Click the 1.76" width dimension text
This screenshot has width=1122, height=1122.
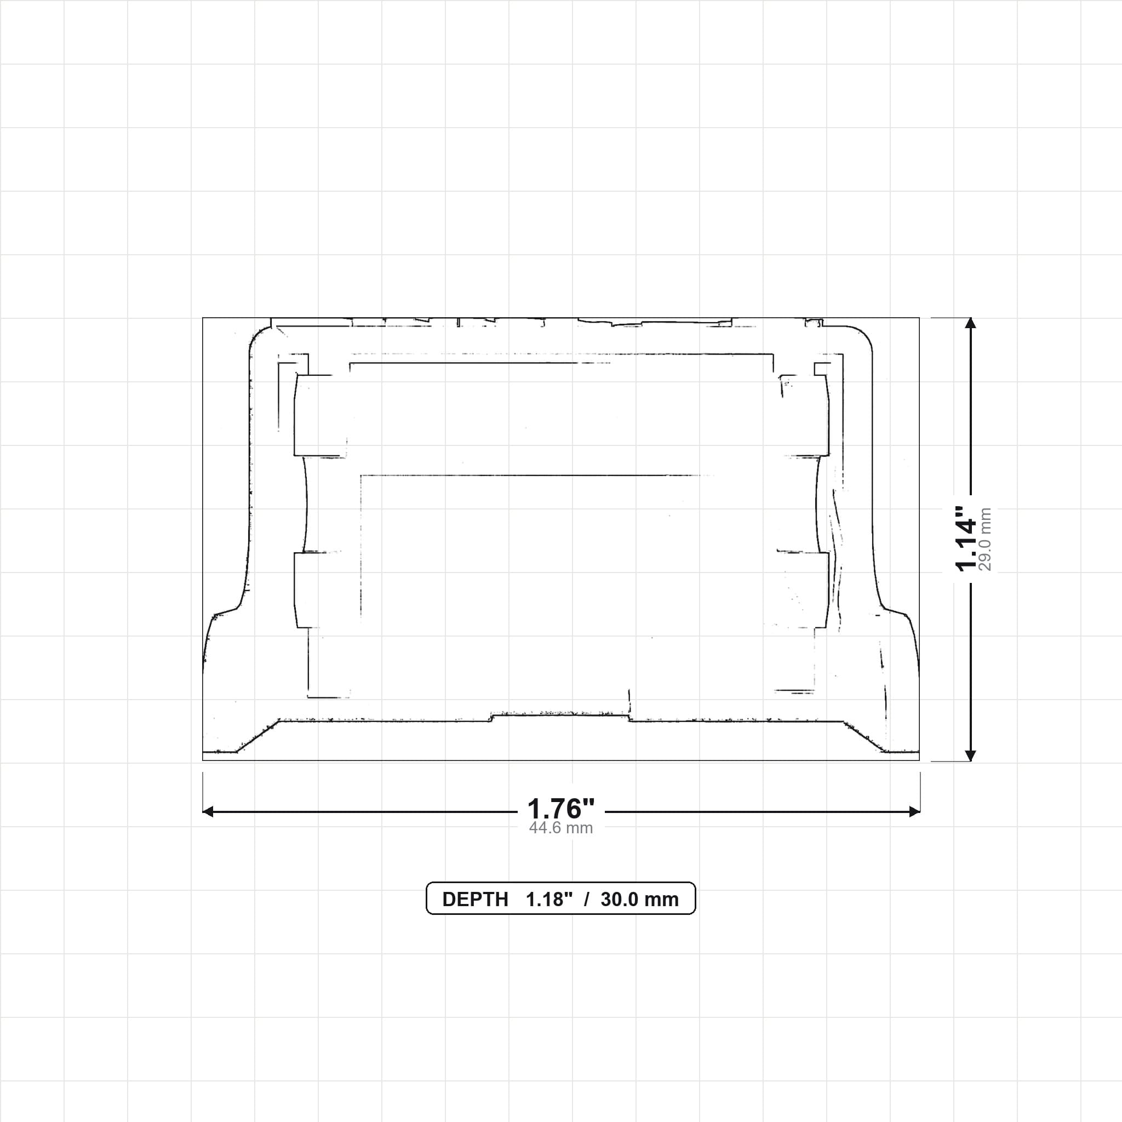point(560,809)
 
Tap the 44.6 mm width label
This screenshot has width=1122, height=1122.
point(560,828)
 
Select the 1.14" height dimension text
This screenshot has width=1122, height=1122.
point(967,539)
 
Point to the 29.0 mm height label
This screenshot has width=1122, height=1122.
point(985,539)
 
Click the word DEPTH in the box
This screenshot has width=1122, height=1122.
point(475,900)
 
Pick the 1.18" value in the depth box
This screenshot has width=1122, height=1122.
point(549,900)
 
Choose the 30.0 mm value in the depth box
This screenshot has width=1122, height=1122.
point(639,900)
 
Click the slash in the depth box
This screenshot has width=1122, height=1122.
point(587,900)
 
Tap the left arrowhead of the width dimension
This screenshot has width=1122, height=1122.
point(208,811)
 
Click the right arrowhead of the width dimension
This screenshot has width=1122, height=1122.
point(914,811)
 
